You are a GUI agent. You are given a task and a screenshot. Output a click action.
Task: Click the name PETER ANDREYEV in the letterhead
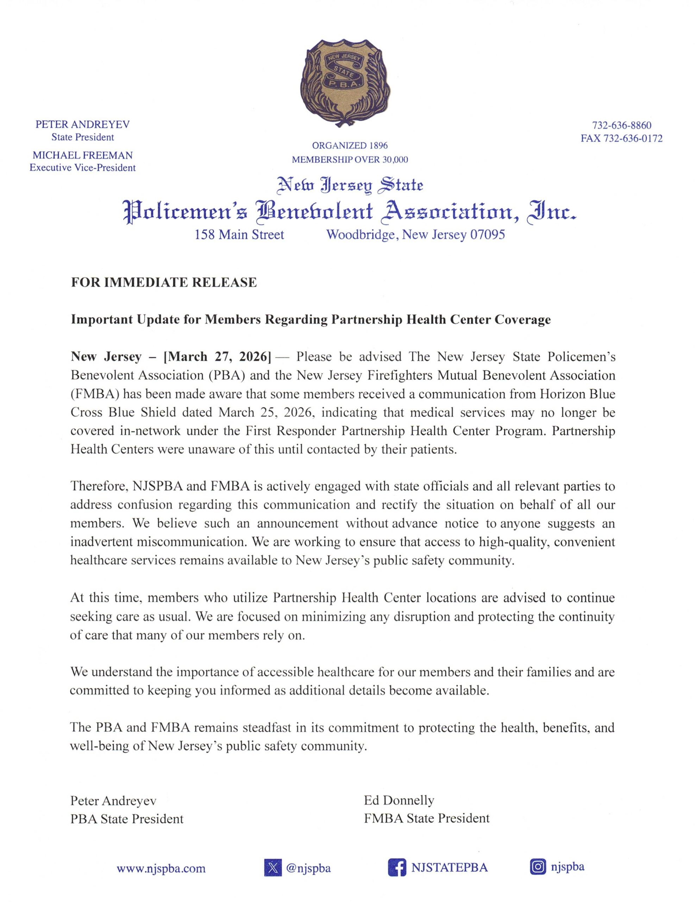(x=82, y=124)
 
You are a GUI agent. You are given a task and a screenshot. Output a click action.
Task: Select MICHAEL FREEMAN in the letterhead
(x=82, y=155)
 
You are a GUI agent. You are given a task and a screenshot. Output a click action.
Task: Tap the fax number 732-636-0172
(x=633, y=139)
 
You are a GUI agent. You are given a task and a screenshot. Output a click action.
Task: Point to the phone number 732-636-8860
(x=621, y=125)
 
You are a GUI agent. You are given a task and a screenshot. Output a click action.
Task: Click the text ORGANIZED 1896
(x=350, y=146)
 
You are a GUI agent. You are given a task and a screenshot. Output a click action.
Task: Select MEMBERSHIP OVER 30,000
(x=350, y=159)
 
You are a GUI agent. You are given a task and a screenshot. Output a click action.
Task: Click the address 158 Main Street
(x=239, y=235)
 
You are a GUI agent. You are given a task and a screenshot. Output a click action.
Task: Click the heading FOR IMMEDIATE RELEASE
(x=164, y=283)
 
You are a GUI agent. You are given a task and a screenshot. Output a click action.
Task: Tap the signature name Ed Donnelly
(x=399, y=801)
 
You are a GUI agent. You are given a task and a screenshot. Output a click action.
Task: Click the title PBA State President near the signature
(x=127, y=818)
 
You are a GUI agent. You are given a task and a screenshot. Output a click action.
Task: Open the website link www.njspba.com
(x=161, y=868)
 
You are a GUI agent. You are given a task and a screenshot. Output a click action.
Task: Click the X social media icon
(x=273, y=868)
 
